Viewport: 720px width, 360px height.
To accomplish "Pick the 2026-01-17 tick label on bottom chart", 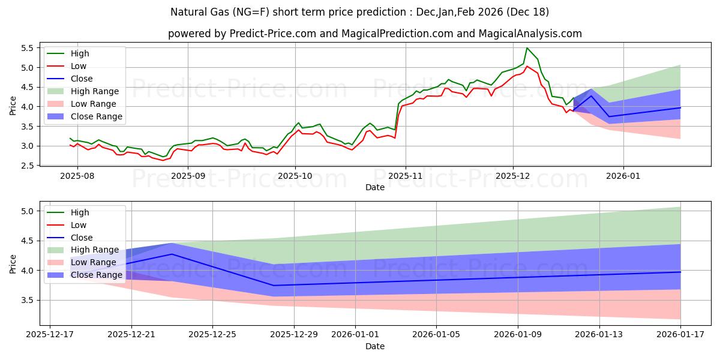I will [x=680, y=334].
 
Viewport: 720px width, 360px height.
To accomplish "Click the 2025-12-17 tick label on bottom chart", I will [x=50, y=334].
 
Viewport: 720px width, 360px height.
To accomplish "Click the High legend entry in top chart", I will [x=80, y=53].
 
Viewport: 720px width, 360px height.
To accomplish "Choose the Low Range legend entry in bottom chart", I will [x=94, y=262].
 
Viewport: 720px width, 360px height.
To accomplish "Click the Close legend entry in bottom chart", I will [x=82, y=238].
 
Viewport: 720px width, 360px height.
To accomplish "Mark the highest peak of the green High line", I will [x=527, y=48].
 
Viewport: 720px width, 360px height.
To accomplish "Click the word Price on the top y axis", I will [x=13, y=106].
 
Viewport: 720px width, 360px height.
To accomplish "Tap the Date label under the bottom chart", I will [x=375, y=346].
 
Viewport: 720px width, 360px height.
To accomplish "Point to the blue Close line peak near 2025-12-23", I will [x=172, y=254].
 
